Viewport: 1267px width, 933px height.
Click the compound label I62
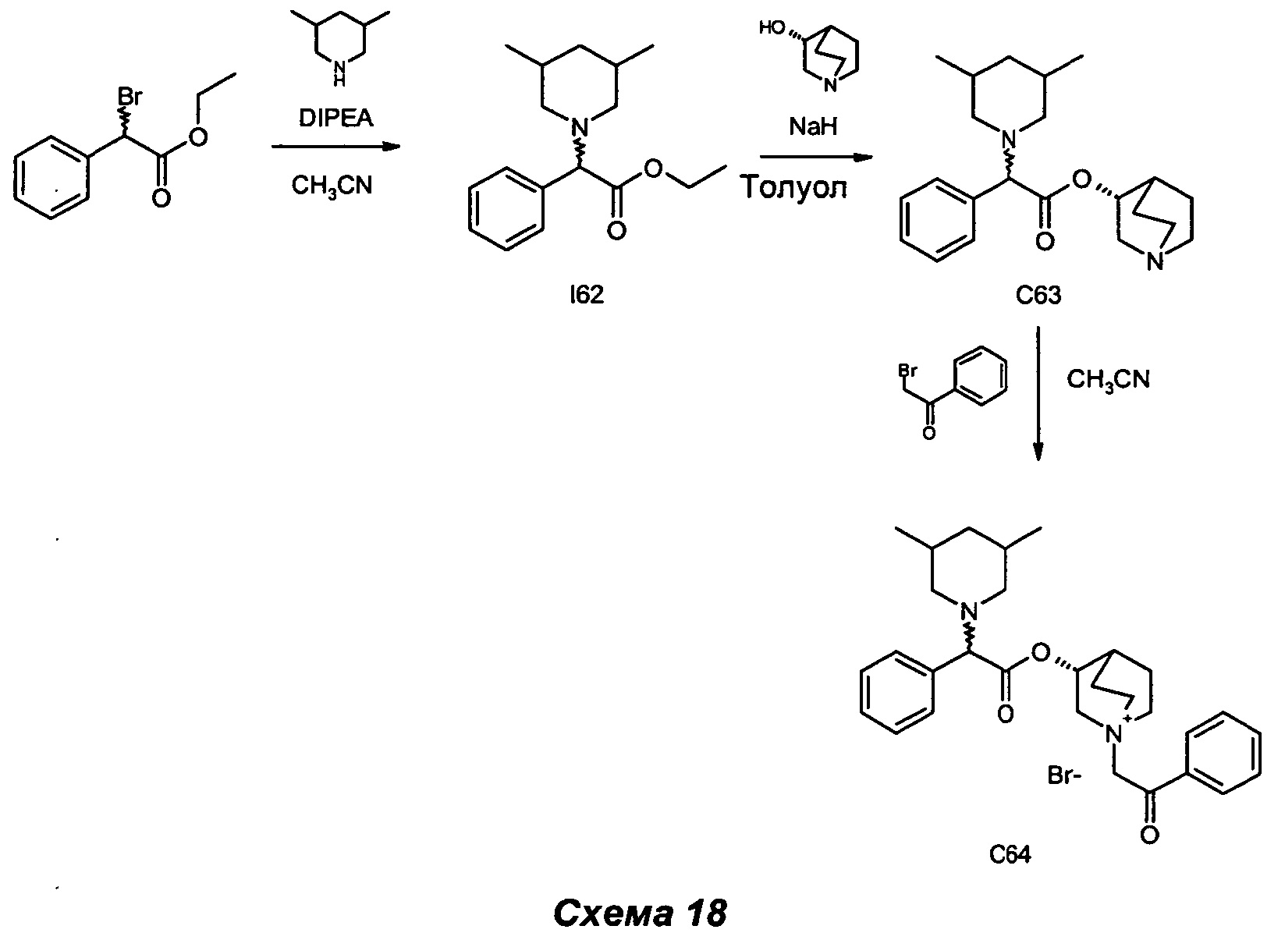pos(587,295)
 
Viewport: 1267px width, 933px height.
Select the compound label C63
pos(1038,296)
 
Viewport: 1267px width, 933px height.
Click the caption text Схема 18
pos(640,912)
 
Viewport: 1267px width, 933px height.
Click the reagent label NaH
pos(813,126)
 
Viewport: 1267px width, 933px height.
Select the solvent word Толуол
pos(793,187)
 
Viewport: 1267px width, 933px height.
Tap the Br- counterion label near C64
pos(1065,776)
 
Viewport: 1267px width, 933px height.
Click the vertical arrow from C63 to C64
pos(1038,394)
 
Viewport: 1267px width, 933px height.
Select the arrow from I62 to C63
pos(814,157)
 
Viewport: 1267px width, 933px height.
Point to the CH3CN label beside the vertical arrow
pos(1108,380)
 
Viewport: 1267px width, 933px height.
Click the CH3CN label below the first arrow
pos(332,186)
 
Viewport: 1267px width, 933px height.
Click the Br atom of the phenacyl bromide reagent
pos(908,367)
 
